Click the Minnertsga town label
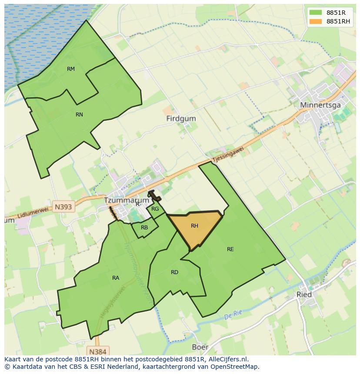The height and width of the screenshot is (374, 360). (x=320, y=105)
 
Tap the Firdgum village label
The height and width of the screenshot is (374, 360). (x=181, y=119)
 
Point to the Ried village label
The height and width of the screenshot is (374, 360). (x=304, y=295)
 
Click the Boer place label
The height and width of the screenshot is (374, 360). (x=200, y=348)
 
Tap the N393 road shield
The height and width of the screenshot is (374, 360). (x=63, y=207)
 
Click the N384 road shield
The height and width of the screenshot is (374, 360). (x=97, y=351)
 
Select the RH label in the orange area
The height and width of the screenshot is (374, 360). (x=194, y=226)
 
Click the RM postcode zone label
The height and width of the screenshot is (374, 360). (x=71, y=69)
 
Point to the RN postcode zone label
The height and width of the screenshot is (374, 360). (x=79, y=115)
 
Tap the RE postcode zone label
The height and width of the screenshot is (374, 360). (x=230, y=249)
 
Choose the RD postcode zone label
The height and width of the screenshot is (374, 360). (x=174, y=272)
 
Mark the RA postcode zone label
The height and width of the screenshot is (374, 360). (x=115, y=278)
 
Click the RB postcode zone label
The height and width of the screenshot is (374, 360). (x=144, y=228)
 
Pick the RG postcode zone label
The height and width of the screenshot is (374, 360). (x=155, y=209)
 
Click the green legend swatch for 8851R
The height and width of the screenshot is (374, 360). (x=316, y=13)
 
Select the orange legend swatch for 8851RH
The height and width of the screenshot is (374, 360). (x=316, y=21)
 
